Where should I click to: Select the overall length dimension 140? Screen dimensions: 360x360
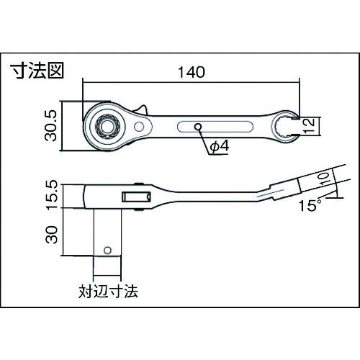pos(192,72)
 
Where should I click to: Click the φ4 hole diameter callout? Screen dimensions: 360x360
pos(219,146)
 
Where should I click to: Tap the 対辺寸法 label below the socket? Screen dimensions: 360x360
pos(107,293)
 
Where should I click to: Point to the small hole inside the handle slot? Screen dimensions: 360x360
pos(198,127)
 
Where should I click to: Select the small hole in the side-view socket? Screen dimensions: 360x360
pos(107,251)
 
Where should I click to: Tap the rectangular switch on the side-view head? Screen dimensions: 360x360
pos(133,196)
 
